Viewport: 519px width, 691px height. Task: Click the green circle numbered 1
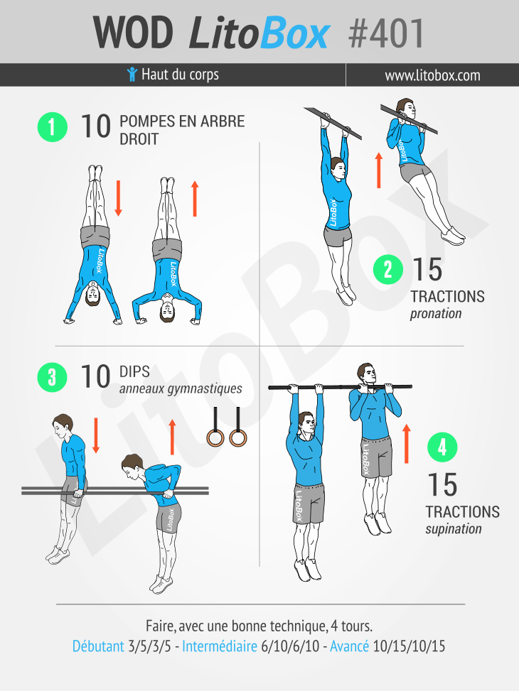coord(53,127)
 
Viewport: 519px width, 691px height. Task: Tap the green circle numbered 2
coord(388,269)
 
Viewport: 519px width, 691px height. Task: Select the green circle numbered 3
coord(53,377)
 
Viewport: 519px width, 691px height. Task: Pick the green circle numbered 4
coord(442,447)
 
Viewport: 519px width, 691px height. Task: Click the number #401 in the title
coord(386,33)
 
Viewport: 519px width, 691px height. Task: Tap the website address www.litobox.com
coord(432,75)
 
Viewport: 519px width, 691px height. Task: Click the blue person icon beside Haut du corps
coord(132,74)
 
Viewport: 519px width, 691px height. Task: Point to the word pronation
coord(436,314)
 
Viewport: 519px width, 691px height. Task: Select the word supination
coord(454,528)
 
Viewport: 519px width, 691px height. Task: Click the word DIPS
coord(134,371)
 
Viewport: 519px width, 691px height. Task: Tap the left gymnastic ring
coord(215,437)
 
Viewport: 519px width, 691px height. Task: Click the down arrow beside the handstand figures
coord(118,198)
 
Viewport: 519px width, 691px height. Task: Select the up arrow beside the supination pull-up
coord(407,444)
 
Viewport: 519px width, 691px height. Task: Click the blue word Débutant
coord(98,646)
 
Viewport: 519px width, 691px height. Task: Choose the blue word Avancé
coord(350,646)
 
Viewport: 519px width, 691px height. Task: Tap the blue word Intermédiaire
coord(220,646)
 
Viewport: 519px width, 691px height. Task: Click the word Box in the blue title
coord(294,33)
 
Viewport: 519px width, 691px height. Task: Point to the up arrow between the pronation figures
coord(379,170)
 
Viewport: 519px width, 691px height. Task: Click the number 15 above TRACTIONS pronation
coord(427,270)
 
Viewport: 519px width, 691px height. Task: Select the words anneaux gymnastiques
coord(181,388)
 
